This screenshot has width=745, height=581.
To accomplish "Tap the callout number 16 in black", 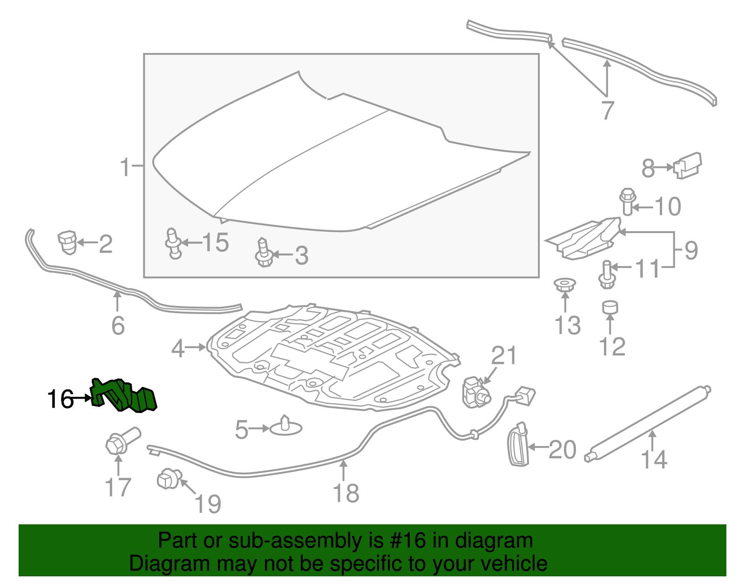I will (61, 399).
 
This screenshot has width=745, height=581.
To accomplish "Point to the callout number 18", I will (346, 493).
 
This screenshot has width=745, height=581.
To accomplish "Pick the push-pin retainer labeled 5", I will (286, 427).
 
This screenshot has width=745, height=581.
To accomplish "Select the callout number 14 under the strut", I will (654, 459).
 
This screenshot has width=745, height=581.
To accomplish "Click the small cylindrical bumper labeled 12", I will (610, 307).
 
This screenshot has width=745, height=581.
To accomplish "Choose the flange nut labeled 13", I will (565, 284).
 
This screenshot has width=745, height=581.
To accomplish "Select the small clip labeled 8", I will (688, 165).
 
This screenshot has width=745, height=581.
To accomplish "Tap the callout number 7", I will (608, 111).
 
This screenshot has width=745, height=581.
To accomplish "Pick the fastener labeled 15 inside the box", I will (173, 242).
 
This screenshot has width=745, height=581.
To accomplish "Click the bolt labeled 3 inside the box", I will (264, 253).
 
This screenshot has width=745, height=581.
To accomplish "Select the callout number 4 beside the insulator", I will (177, 348).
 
